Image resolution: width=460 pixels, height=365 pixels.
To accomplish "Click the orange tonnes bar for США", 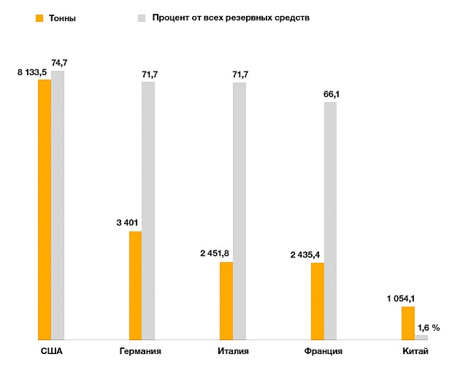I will point(45,210).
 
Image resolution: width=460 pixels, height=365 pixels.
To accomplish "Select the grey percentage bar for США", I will point(58,205).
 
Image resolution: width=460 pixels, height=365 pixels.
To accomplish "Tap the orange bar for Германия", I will point(135,285).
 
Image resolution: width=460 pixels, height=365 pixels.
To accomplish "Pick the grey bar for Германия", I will point(148,211).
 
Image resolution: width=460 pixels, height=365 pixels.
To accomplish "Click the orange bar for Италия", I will point(226,301).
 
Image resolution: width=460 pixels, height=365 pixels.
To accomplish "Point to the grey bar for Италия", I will point(239,211).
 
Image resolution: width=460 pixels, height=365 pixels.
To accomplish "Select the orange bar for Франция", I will point(318,301).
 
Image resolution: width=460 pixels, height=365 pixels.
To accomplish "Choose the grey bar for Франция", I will point(331,220).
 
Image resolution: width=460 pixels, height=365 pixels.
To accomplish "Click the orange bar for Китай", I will point(408,323).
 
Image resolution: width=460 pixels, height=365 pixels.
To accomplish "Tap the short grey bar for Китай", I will point(421,337).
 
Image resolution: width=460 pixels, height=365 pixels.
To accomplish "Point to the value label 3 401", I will point(127,223).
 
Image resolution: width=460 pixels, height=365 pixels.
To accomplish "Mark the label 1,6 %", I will point(428,328).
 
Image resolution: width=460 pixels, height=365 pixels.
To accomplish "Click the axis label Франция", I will point(323,352).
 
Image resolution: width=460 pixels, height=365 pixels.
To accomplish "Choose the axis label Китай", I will point(415,352).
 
